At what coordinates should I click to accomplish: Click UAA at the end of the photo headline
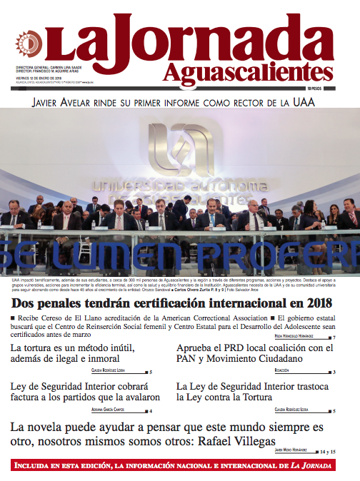(x=304, y=102)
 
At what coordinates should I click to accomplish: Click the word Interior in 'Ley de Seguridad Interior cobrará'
(x=105, y=386)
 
